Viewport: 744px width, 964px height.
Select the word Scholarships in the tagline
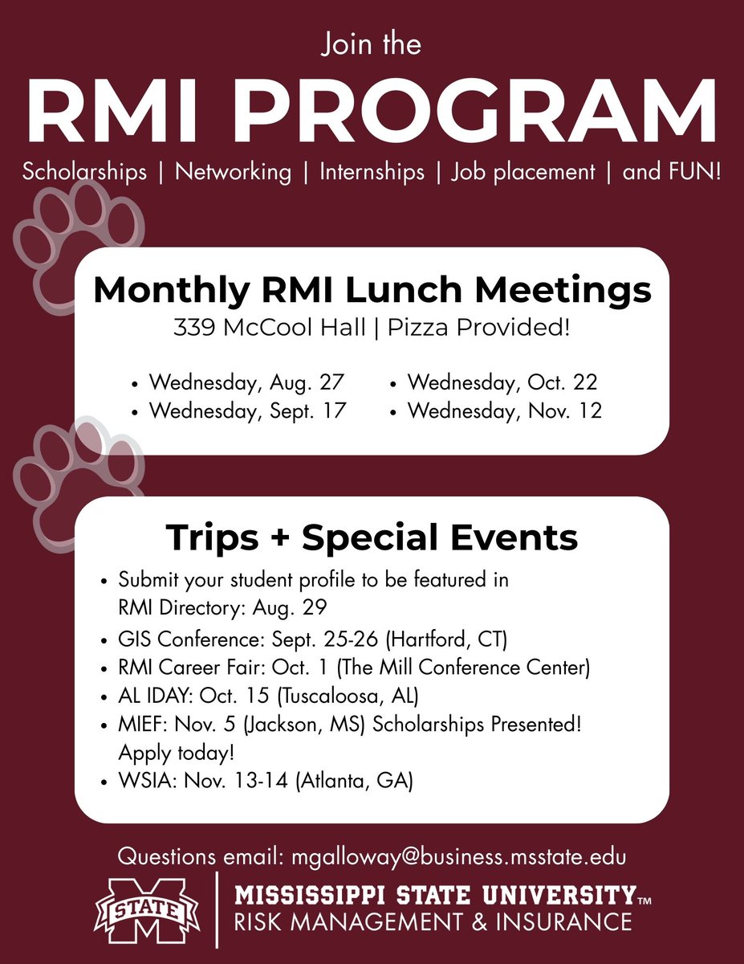click(84, 171)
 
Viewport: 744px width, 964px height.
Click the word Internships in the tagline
click(372, 171)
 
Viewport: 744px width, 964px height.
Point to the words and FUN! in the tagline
click(672, 171)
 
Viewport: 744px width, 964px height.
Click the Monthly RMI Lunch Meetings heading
click(372, 290)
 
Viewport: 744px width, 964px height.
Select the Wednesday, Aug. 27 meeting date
click(246, 382)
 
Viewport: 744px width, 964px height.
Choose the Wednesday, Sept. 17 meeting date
click(247, 411)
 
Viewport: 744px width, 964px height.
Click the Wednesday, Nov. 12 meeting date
click(504, 411)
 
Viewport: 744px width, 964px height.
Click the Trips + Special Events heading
click(372, 537)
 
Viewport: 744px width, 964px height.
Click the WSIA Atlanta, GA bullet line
click(265, 779)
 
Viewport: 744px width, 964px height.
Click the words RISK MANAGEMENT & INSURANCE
click(432, 921)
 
